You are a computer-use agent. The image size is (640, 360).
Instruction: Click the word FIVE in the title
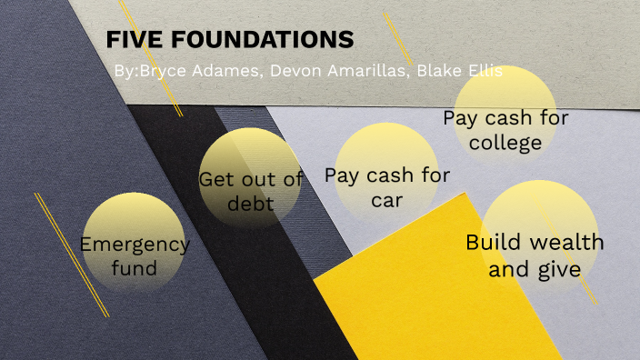(129, 41)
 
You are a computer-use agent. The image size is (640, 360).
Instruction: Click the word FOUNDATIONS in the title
(255, 41)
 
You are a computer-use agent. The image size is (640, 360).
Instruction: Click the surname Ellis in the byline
(484, 71)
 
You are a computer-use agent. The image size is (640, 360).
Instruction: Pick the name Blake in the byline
(438, 71)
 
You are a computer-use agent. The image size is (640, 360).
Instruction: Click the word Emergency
(135, 244)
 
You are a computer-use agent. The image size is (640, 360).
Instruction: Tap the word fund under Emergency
(135, 268)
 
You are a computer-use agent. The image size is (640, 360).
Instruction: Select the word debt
(250, 203)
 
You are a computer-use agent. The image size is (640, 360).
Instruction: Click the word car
(387, 200)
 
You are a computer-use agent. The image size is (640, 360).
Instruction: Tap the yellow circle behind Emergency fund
(133, 218)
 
